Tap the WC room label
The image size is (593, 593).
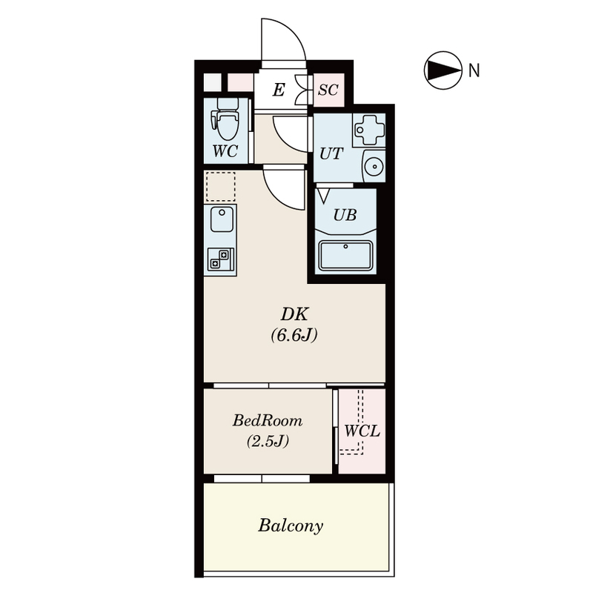(x=225, y=151)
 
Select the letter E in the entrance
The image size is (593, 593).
(x=279, y=90)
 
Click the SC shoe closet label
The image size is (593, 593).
(x=328, y=90)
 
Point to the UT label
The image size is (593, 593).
(x=331, y=154)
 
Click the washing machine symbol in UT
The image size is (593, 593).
(x=368, y=130)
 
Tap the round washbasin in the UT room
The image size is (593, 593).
(x=374, y=166)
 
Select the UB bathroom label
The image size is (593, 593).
(x=345, y=215)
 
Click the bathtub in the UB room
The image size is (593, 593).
(x=345, y=255)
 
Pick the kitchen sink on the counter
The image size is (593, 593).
(x=222, y=219)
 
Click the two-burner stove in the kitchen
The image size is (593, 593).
(x=220, y=259)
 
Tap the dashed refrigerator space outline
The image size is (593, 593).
(x=220, y=187)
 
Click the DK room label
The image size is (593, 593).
(x=294, y=314)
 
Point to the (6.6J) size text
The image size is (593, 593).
(x=294, y=335)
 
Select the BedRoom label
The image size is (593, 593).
(x=268, y=420)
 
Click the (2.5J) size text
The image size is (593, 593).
(x=268, y=441)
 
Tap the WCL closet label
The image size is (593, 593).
(x=362, y=431)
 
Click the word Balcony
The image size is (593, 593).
(x=291, y=526)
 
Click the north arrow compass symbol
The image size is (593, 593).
(x=443, y=70)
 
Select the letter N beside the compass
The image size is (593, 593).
(x=474, y=70)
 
